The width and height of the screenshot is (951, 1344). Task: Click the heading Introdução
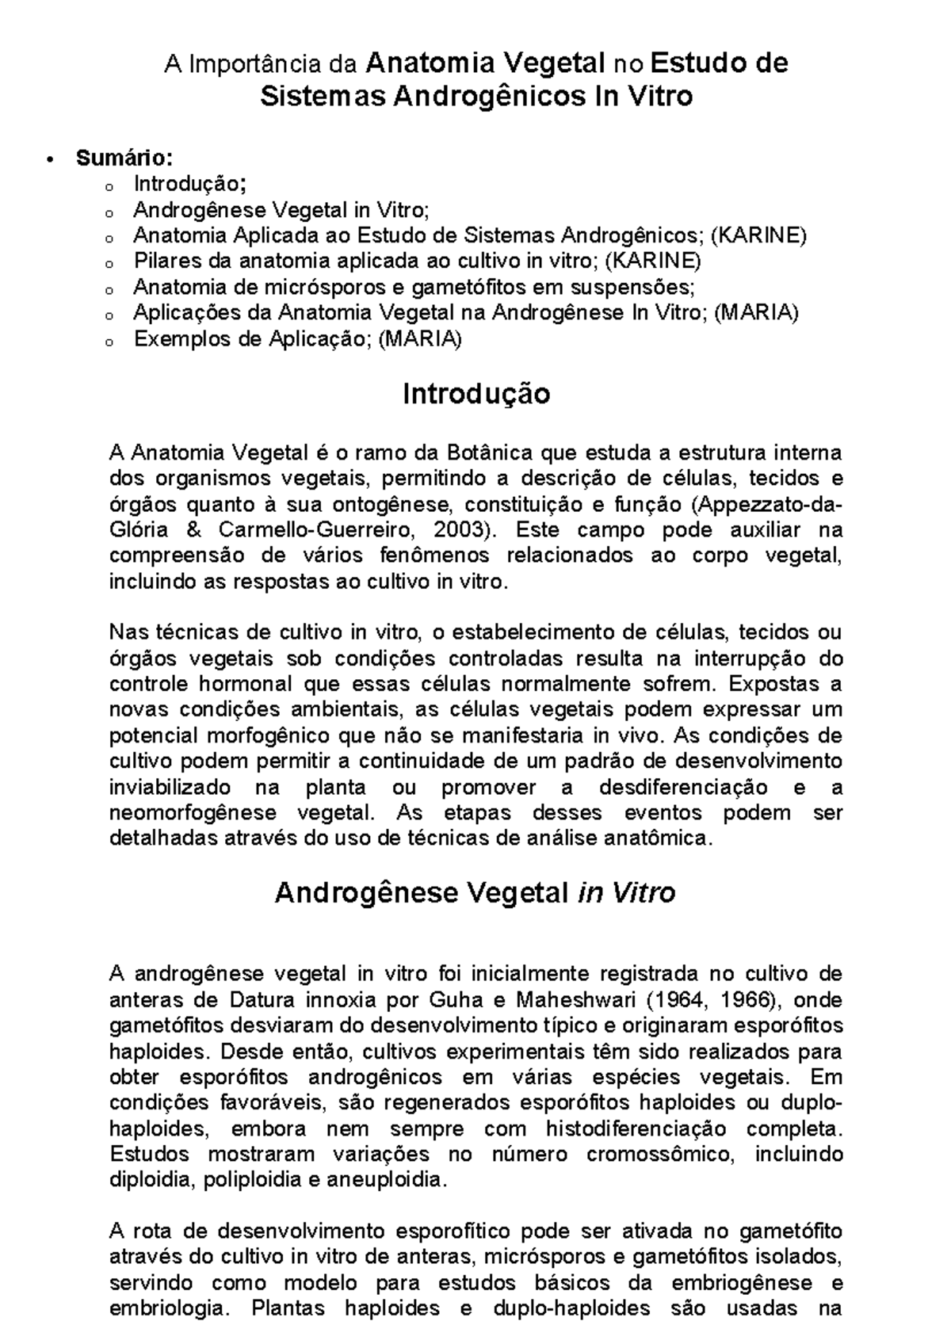[x=475, y=394]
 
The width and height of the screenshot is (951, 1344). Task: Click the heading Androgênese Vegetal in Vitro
[x=474, y=893]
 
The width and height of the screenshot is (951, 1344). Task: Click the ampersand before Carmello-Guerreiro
[x=197, y=529]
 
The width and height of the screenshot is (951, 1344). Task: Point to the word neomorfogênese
[x=193, y=812]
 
